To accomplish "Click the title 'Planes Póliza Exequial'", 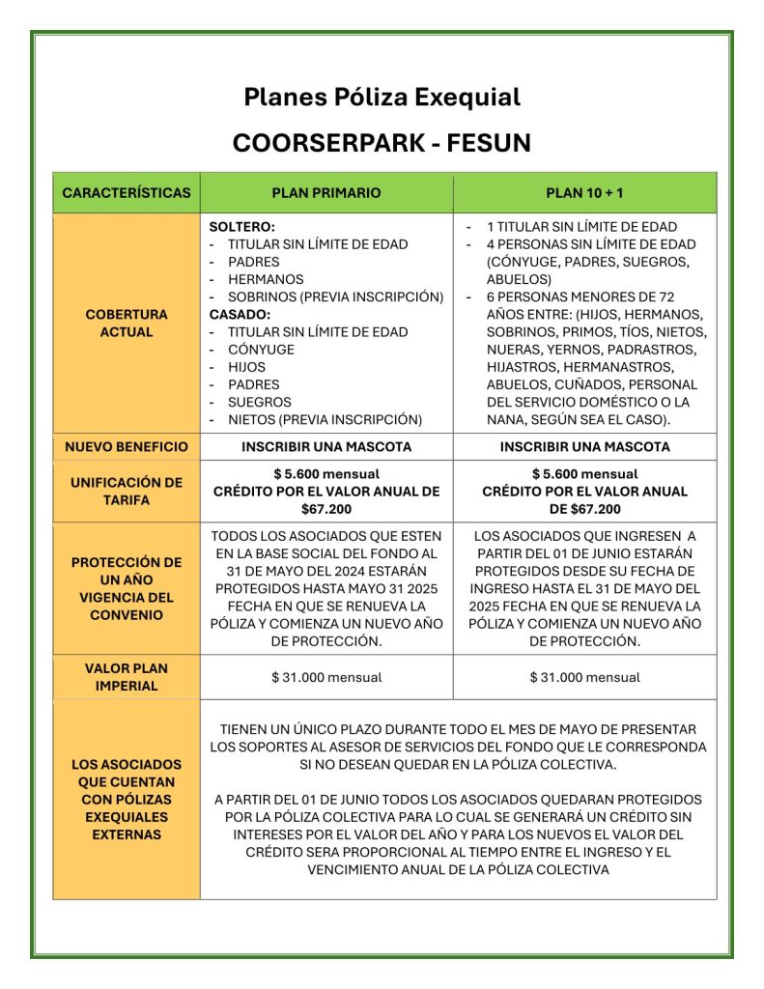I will [x=382, y=98].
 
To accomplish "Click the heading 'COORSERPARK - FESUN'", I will [x=382, y=144].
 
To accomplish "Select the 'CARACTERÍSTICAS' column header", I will [x=127, y=192].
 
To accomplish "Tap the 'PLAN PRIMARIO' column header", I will [x=326, y=192].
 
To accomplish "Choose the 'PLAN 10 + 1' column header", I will [x=584, y=192].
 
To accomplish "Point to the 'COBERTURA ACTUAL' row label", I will [x=127, y=323].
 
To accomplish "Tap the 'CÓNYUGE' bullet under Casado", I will [x=261, y=349].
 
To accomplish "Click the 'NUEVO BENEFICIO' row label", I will [x=127, y=447].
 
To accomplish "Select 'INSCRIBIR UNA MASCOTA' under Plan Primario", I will [x=326, y=447].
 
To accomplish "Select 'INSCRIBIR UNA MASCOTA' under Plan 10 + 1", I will [x=584, y=447].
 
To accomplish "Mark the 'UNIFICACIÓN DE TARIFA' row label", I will [x=127, y=491].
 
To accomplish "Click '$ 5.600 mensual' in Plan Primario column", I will [x=326, y=474].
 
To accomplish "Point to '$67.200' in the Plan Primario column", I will [x=326, y=509].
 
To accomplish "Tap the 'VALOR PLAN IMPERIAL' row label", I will [x=127, y=677].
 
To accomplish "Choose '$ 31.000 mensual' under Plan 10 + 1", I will [x=584, y=677].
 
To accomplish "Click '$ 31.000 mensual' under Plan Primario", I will [x=326, y=677].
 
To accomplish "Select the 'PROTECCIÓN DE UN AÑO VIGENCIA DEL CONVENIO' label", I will [x=127, y=588].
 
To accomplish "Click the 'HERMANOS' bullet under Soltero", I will [x=266, y=279].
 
